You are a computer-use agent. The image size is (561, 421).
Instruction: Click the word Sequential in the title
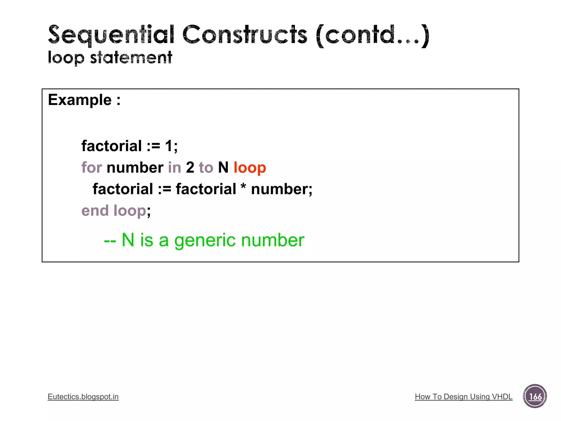(x=111, y=35)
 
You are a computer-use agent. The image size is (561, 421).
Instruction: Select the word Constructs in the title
(x=245, y=35)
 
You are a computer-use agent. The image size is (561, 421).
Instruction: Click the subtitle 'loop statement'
(x=110, y=58)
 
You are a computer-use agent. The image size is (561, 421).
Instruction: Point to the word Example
(x=80, y=100)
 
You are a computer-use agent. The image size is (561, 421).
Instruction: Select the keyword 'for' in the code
(x=91, y=167)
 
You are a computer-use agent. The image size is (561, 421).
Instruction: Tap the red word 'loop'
(x=250, y=167)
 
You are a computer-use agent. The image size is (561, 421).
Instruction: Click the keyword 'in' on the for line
(x=174, y=167)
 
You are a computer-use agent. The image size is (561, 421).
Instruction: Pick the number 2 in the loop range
(x=190, y=167)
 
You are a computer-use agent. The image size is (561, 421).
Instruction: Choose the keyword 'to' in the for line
(x=206, y=167)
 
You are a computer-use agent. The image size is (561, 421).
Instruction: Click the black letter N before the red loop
(x=223, y=167)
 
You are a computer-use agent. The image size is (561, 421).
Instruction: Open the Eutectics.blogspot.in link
(x=83, y=397)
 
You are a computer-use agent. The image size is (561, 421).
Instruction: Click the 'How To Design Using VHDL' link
(x=463, y=397)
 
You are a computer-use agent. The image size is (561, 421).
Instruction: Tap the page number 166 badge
(x=535, y=396)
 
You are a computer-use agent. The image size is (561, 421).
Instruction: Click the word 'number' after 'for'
(x=135, y=167)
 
